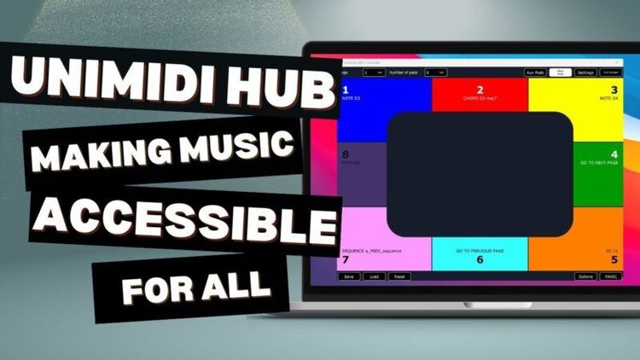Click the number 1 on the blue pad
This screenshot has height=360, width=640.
pyautogui.click(x=345, y=89)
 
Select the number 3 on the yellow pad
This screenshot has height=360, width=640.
pyautogui.click(x=614, y=89)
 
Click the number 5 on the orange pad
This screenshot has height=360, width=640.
pyautogui.click(x=614, y=259)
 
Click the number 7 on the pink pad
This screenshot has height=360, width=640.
pyautogui.click(x=345, y=259)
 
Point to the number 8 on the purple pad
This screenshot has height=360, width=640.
pyautogui.click(x=346, y=155)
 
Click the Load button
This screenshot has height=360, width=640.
pyautogui.click(x=374, y=276)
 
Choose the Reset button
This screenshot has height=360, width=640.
pyautogui.click(x=399, y=276)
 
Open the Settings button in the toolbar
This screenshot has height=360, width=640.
pyautogui.click(x=585, y=73)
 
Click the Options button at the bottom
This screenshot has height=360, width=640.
pyautogui.click(x=585, y=276)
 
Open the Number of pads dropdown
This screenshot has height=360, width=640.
pyautogui.click(x=435, y=73)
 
